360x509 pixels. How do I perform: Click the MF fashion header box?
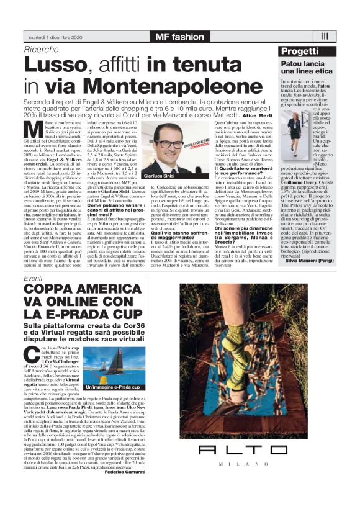180,37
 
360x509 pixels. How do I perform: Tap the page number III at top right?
325,36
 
